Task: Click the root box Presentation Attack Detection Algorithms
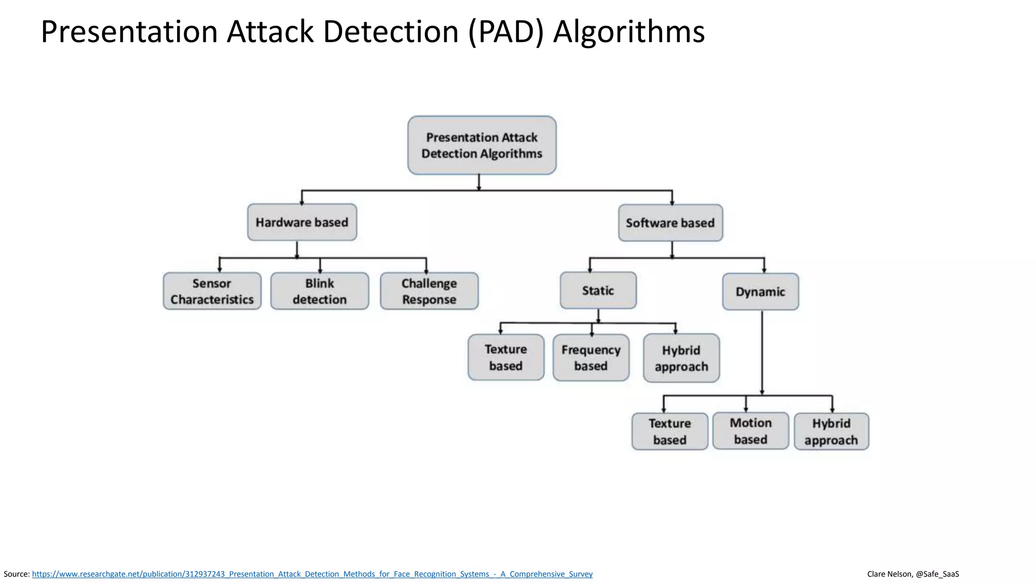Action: point(482,145)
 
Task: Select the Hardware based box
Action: point(302,222)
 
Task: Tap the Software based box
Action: point(670,223)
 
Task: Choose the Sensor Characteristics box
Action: point(212,291)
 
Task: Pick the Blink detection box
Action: point(320,291)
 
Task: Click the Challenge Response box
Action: point(429,291)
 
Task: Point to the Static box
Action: point(598,290)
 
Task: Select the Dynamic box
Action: point(760,291)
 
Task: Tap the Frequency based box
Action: point(591,357)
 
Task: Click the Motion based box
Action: point(751,431)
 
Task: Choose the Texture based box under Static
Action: point(506,357)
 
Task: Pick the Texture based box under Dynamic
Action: point(670,431)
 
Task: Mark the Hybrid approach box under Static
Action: point(681,358)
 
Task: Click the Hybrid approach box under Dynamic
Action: point(831,431)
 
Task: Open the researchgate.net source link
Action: point(312,574)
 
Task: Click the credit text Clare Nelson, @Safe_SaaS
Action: point(913,574)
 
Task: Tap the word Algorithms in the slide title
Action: point(629,31)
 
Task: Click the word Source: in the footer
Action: point(17,574)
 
